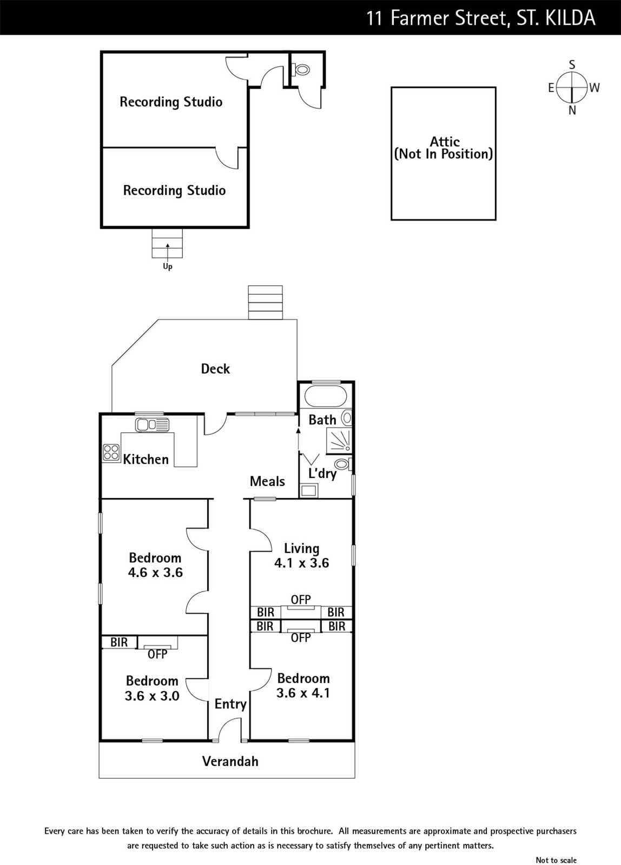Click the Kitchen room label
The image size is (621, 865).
(146, 459)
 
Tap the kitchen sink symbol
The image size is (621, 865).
(152, 425)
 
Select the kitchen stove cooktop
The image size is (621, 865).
(111, 452)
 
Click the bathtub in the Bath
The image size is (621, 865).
(325, 396)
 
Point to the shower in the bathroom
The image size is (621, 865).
(339, 440)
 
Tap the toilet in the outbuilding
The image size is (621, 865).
(302, 69)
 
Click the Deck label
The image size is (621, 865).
(215, 369)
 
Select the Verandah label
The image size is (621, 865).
(230, 761)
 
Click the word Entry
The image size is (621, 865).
(230, 703)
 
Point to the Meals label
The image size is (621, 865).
(267, 481)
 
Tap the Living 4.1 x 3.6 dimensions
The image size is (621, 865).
(301, 563)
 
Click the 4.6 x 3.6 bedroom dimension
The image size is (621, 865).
(155, 572)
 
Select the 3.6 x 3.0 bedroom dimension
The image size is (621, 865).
(152, 696)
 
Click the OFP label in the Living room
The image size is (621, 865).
(301, 600)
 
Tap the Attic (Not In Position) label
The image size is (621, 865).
(444, 148)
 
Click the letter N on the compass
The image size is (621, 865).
(572, 110)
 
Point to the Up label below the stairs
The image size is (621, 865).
(168, 267)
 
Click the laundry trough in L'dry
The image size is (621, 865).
(309, 490)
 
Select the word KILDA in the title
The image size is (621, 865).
(563, 18)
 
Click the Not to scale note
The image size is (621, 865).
(556, 860)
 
